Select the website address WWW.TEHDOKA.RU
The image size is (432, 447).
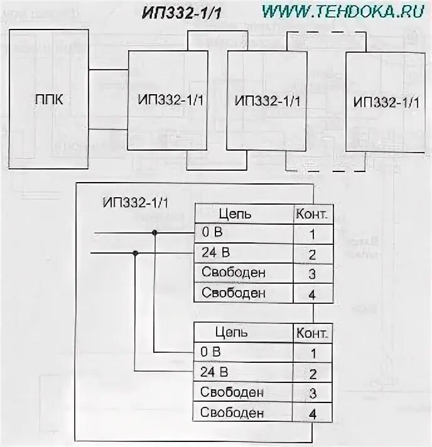coord(343,11)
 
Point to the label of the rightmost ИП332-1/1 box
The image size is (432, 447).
coord(386,102)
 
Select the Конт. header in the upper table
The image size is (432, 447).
coord(311,213)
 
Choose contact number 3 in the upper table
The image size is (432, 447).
coord(312,274)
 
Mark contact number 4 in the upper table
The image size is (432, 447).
coord(312,294)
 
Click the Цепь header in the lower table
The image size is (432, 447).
coord(232,331)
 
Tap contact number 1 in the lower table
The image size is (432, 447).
coord(313,353)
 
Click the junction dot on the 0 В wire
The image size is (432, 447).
coord(154,233)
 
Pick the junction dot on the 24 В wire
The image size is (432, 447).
coord(135,253)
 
